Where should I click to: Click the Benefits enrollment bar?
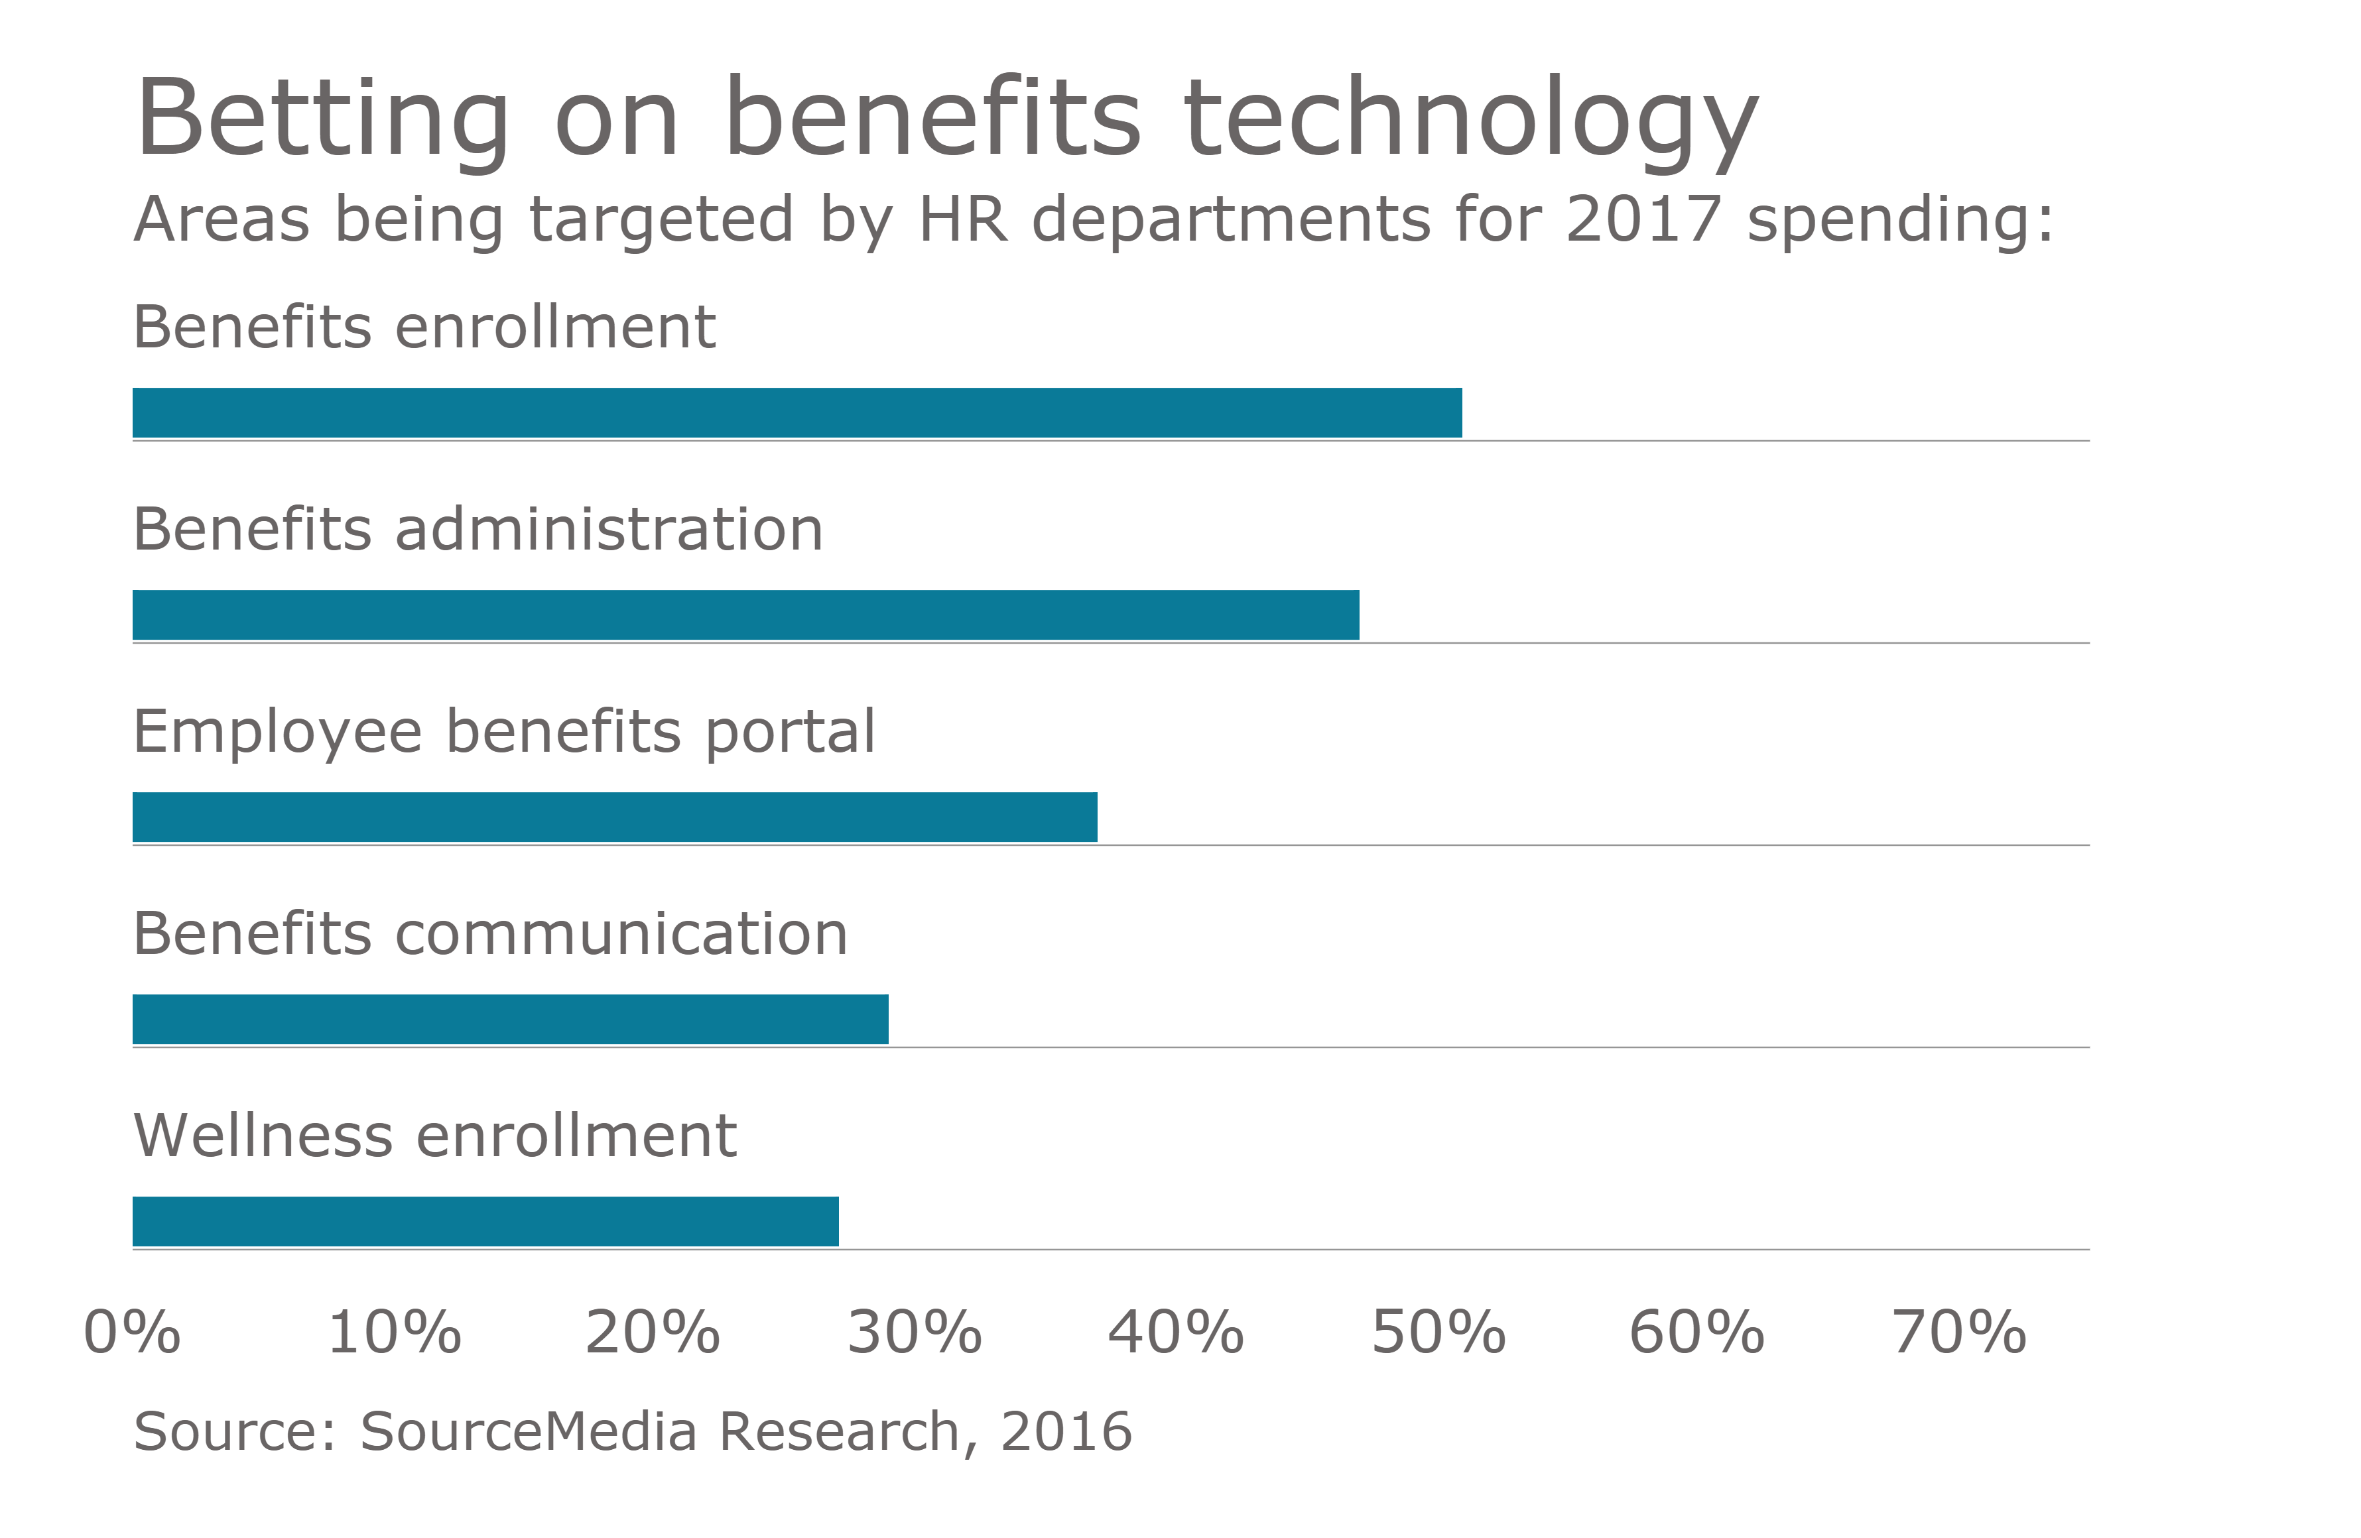click(x=797, y=412)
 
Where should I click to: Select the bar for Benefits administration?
click(x=745, y=615)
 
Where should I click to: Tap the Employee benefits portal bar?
click(x=614, y=817)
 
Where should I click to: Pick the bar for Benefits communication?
click(x=510, y=1020)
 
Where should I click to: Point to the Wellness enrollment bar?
click(x=485, y=1222)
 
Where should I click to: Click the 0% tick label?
click(x=132, y=1332)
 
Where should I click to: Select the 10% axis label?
click(x=394, y=1332)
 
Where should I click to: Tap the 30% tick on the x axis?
click(x=914, y=1332)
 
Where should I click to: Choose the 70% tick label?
click(x=1958, y=1332)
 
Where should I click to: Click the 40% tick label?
click(x=1176, y=1332)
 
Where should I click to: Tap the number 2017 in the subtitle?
click(x=1642, y=219)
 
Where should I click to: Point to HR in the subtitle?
click(x=963, y=219)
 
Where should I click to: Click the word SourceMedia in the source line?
click(x=528, y=1432)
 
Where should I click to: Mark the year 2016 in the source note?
click(x=1065, y=1432)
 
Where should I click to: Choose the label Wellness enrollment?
click(x=434, y=1136)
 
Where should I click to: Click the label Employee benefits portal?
click(x=504, y=732)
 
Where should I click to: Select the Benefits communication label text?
click(x=490, y=934)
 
